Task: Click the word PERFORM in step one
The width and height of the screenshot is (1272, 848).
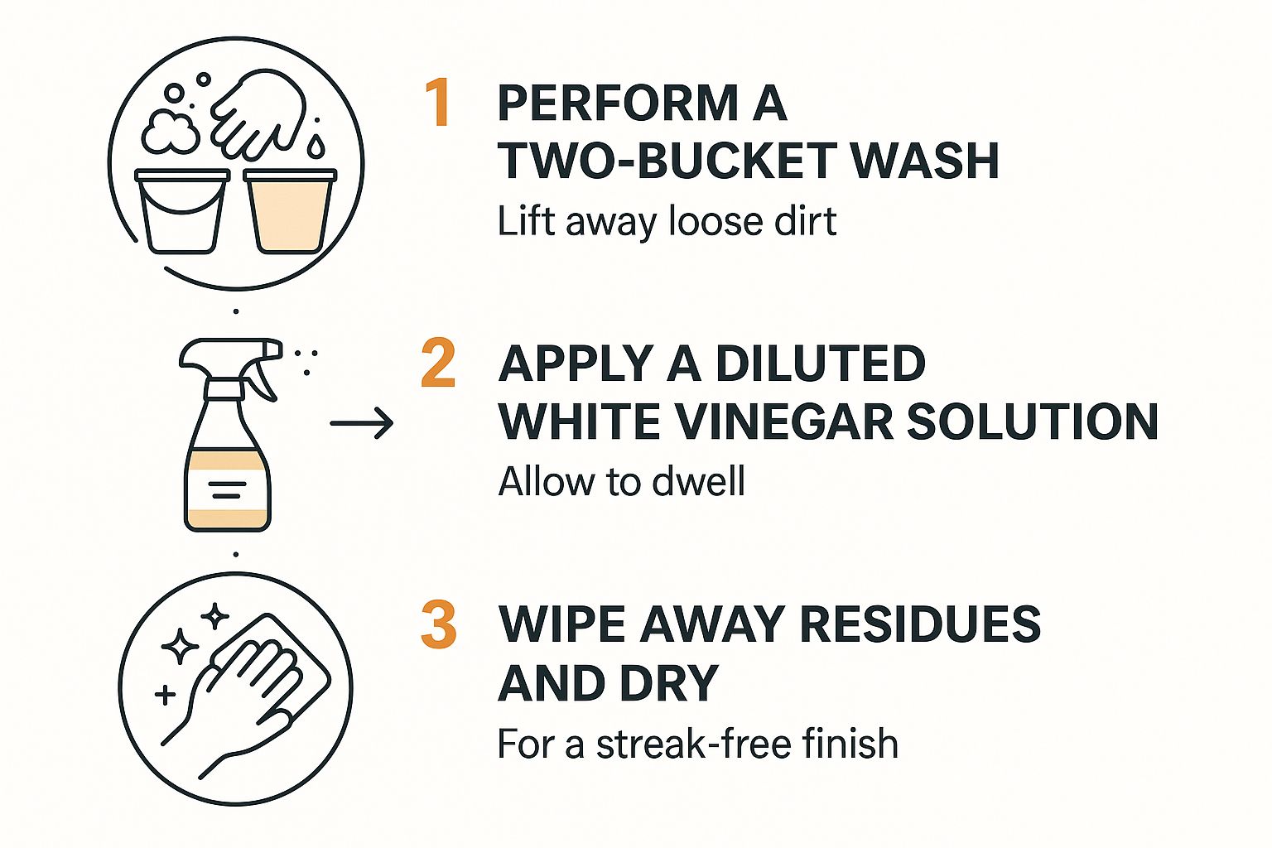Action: pyautogui.click(x=618, y=104)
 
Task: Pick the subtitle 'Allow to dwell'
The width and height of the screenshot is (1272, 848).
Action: pyautogui.click(x=621, y=481)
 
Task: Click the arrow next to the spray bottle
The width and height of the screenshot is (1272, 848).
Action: pyautogui.click(x=362, y=424)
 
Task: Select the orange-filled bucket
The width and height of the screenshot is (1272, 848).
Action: pyautogui.click(x=290, y=211)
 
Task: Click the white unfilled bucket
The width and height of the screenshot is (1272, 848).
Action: pyautogui.click(x=182, y=211)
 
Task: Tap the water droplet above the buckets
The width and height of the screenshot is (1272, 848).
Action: pyautogui.click(x=316, y=146)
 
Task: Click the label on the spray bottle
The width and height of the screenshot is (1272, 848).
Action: pyautogui.click(x=227, y=489)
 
